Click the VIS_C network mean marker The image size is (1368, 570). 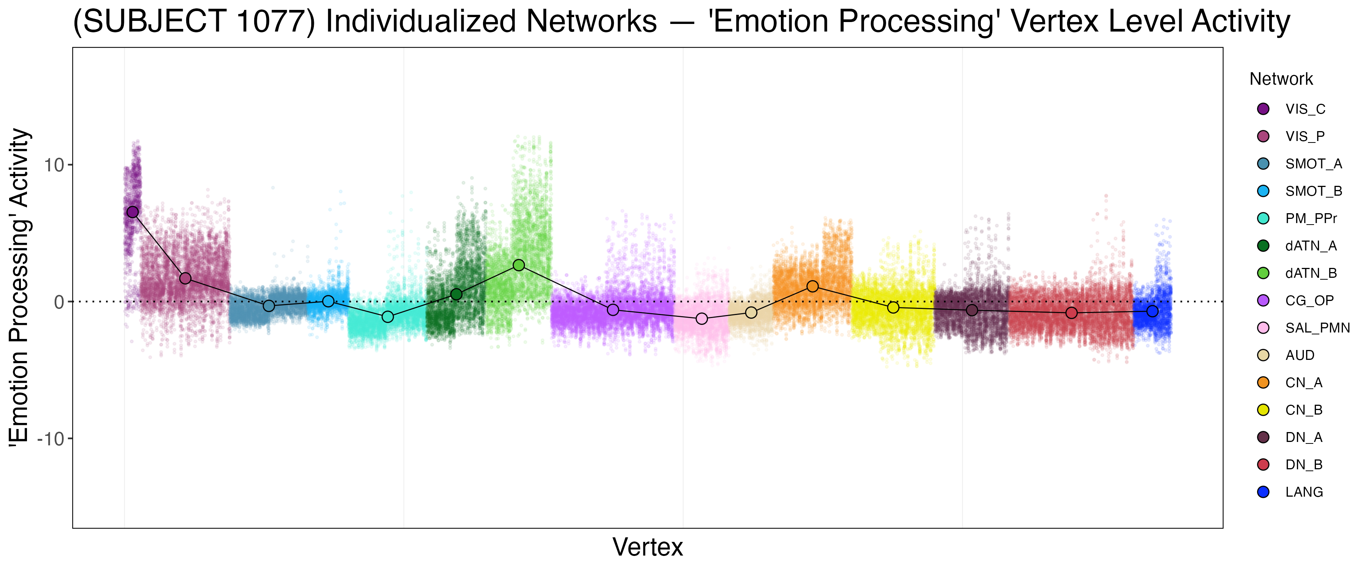132,212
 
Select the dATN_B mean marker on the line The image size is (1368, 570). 519,265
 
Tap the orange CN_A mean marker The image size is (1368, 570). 812,286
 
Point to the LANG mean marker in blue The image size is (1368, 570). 1153,311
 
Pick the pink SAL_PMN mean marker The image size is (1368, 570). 701,319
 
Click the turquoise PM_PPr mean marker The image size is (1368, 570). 388,317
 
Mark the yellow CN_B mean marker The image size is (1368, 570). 893,307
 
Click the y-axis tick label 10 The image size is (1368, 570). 54,165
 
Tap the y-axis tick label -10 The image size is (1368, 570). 50,439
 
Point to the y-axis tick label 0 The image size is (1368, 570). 59,302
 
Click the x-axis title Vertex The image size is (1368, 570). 648,547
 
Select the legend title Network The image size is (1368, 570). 1281,79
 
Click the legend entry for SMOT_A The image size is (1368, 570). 1313,164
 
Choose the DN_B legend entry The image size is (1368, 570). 1303,465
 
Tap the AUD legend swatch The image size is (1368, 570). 1263,355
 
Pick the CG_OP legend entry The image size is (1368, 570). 1309,301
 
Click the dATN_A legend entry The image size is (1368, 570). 1311,246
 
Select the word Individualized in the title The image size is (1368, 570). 491,22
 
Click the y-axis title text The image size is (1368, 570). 20,287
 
